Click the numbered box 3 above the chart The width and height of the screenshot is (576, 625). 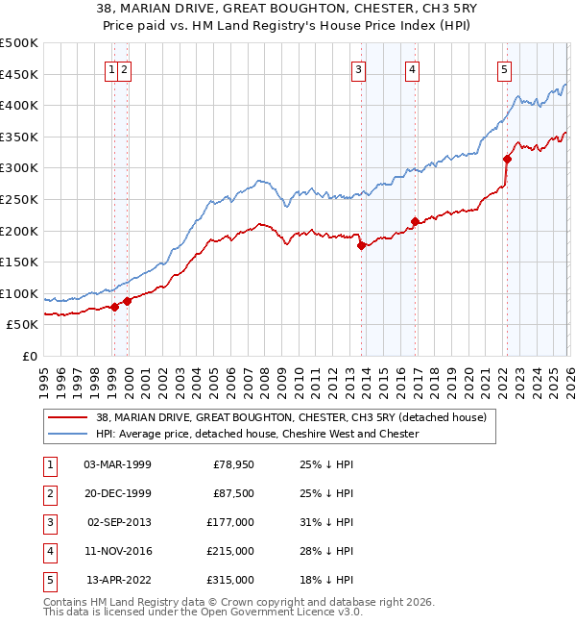point(358,68)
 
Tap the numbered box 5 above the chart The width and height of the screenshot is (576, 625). point(504,68)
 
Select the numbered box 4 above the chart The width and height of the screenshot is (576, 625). point(411,68)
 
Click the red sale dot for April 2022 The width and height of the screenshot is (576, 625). point(507,160)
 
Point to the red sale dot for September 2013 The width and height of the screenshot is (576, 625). point(362,245)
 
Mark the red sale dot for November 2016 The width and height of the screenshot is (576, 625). point(415,222)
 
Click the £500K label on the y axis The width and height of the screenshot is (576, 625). point(19,43)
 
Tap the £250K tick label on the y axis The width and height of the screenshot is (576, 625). point(19,199)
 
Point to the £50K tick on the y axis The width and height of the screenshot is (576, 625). point(23,325)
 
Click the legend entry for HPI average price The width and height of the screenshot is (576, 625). point(257,434)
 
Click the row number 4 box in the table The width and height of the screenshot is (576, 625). point(47,551)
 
